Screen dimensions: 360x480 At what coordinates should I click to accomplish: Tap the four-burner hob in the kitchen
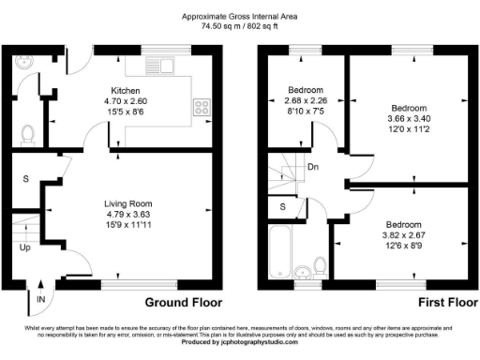pyautogui.click(x=202, y=107)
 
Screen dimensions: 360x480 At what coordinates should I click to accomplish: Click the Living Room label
pyautogui.click(x=127, y=202)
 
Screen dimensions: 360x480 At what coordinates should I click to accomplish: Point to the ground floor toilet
pyautogui.click(x=26, y=134)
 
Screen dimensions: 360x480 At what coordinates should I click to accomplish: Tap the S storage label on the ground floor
pyautogui.click(x=25, y=178)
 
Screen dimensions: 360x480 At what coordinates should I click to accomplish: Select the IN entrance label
pyautogui.click(x=40, y=298)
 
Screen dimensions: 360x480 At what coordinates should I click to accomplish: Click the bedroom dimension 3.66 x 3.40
pyautogui.click(x=409, y=118)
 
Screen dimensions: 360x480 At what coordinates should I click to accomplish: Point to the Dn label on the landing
pyautogui.click(x=313, y=169)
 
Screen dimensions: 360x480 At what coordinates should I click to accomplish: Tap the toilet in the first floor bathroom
pyautogui.click(x=304, y=273)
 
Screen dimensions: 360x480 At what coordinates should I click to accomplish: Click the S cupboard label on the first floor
pyautogui.click(x=281, y=205)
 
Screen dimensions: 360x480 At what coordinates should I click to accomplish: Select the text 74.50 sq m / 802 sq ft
pyautogui.click(x=241, y=26)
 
